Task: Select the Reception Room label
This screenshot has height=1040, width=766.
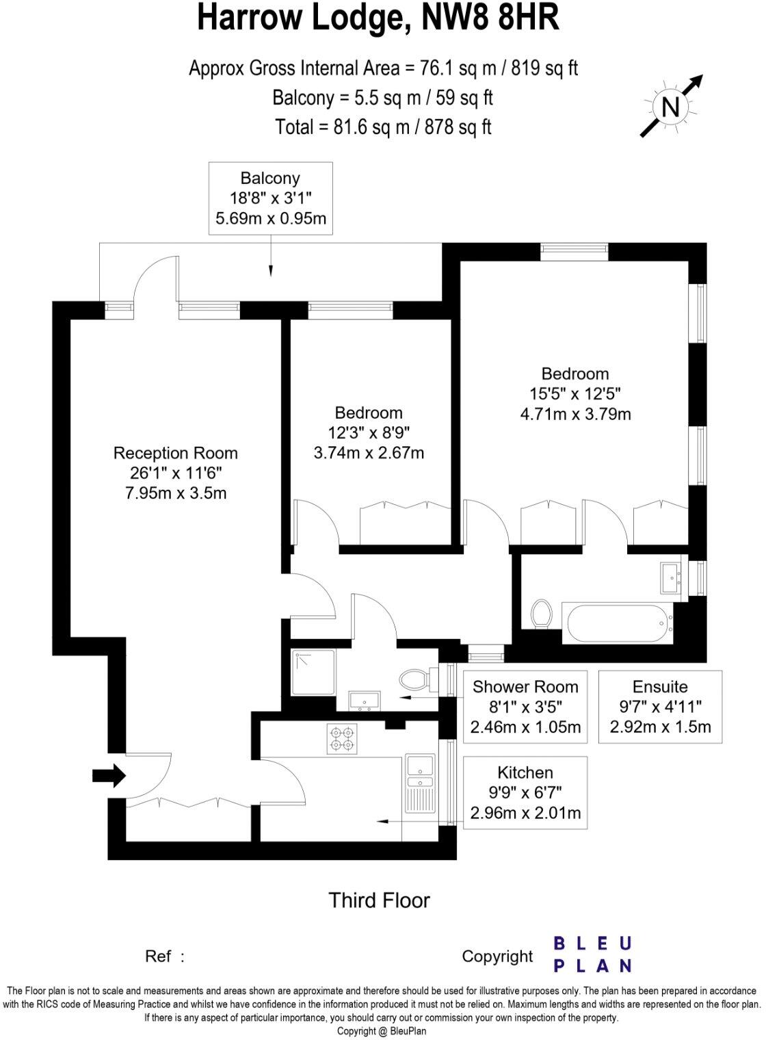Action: [x=175, y=453]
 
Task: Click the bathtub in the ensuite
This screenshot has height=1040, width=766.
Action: [x=618, y=623]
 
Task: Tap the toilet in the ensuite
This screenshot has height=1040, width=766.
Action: [x=542, y=613]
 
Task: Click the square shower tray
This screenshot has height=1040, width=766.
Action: [x=314, y=672]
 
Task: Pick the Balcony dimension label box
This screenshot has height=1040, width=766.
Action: [x=270, y=198]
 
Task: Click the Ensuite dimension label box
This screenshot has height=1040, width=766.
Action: [x=660, y=707]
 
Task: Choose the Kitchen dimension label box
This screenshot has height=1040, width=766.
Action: [x=525, y=792]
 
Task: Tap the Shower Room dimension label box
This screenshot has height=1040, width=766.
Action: [x=525, y=707]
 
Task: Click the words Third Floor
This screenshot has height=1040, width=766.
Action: [x=379, y=900]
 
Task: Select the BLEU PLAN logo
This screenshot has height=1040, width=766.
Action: [x=592, y=954]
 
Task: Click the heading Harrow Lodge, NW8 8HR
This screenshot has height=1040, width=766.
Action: [x=378, y=19]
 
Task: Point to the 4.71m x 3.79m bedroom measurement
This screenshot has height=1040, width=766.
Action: [x=575, y=414]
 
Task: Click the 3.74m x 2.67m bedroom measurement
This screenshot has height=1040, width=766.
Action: [x=369, y=453]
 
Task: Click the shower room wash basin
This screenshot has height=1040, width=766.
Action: [x=364, y=701]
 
